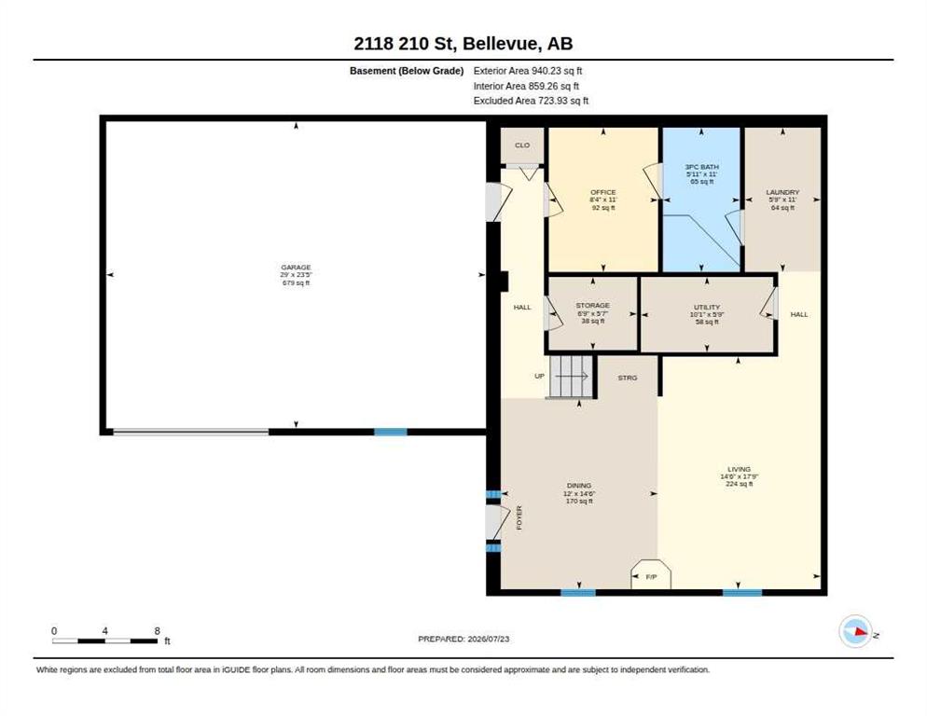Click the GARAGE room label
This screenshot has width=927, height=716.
click(296, 268)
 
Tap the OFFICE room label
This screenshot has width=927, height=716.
click(603, 192)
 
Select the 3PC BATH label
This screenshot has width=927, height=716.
click(701, 167)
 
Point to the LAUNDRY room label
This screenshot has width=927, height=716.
click(782, 192)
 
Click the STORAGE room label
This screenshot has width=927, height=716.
click(593, 306)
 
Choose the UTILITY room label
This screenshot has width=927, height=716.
click(707, 307)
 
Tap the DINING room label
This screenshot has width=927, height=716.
click(579, 486)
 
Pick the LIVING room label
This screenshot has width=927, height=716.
click(739, 469)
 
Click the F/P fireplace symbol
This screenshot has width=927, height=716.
click(651, 573)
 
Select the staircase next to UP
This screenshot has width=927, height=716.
click(571, 377)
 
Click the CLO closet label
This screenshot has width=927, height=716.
click(522, 145)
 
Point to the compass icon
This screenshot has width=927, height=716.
click(855, 631)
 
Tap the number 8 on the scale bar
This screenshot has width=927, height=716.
click(158, 631)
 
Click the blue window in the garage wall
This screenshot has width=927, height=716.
click(391, 432)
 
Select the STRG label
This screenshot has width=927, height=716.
click(628, 378)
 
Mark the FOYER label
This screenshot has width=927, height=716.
click(519, 517)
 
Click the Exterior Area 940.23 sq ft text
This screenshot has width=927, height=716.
click(528, 71)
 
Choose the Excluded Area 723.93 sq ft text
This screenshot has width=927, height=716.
click(531, 101)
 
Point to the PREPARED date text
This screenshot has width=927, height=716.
click(463, 639)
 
